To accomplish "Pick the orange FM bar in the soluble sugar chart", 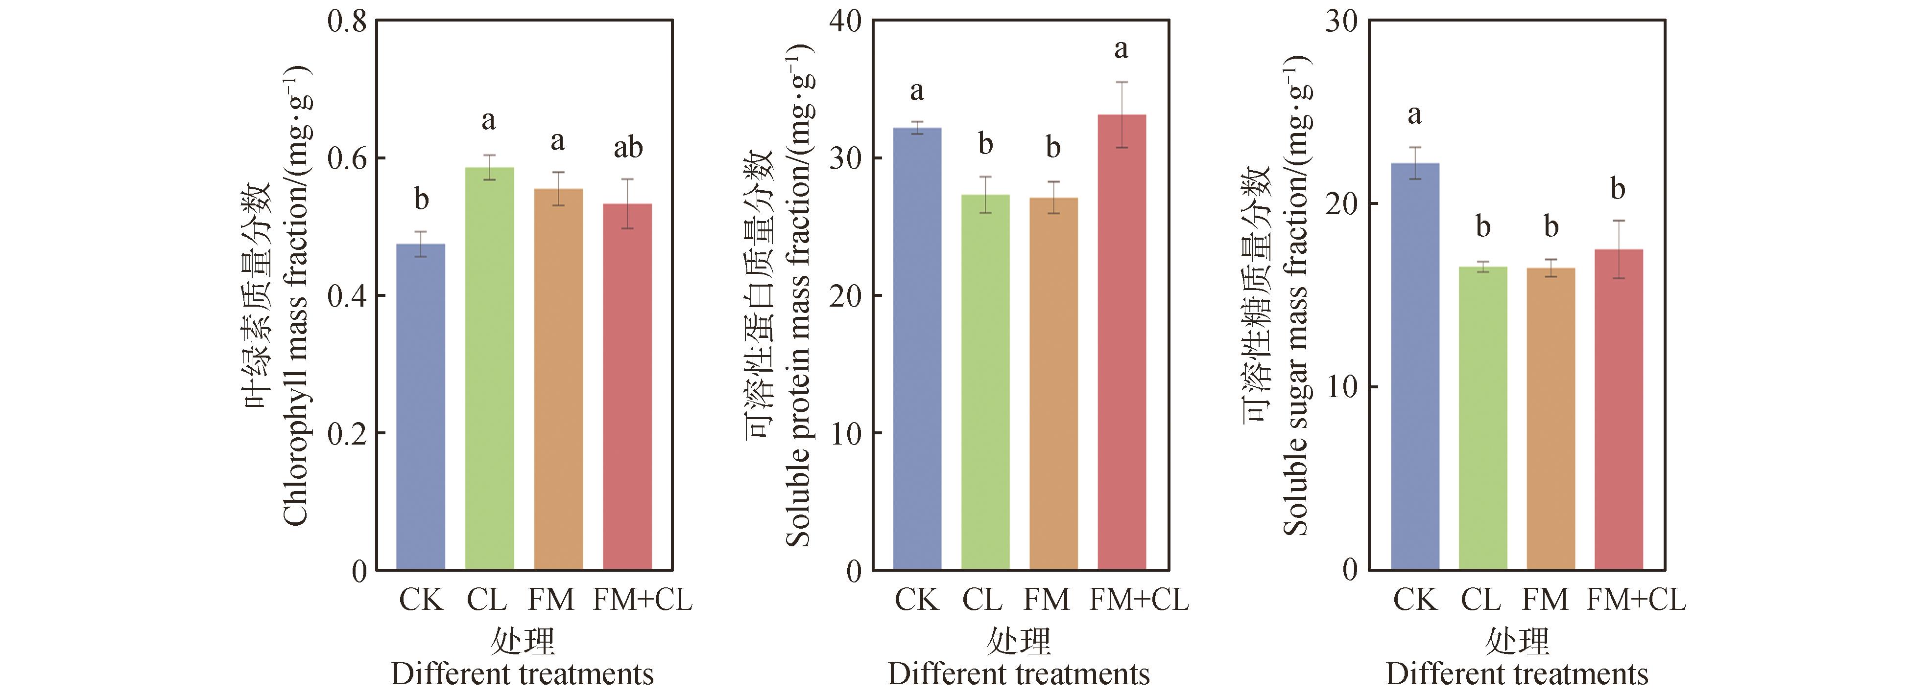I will [x=1551, y=418].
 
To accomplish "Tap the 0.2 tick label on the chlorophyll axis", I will [x=347, y=434].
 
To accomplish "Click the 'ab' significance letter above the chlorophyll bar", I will [x=628, y=148].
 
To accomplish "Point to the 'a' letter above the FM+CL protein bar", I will [x=1121, y=49].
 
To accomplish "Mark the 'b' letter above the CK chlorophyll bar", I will [x=421, y=199].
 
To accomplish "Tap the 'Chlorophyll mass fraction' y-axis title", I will [x=295, y=296].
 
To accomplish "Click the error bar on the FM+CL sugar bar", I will [x=1619, y=249].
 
